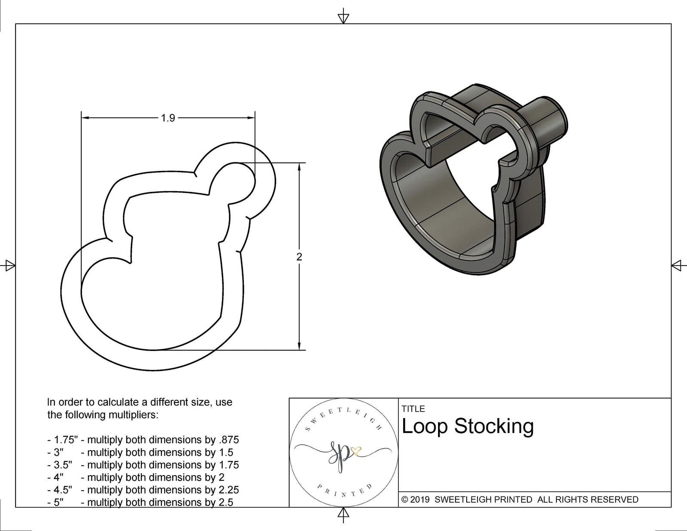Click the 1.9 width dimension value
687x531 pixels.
click(168, 118)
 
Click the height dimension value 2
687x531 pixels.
click(299, 257)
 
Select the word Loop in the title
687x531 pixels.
click(425, 426)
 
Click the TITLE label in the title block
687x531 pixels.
click(413, 409)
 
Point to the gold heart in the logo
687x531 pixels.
click(356, 451)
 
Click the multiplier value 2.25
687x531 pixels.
click(228, 490)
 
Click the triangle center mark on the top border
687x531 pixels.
click(343, 17)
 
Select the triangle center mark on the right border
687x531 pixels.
click(677, 265)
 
